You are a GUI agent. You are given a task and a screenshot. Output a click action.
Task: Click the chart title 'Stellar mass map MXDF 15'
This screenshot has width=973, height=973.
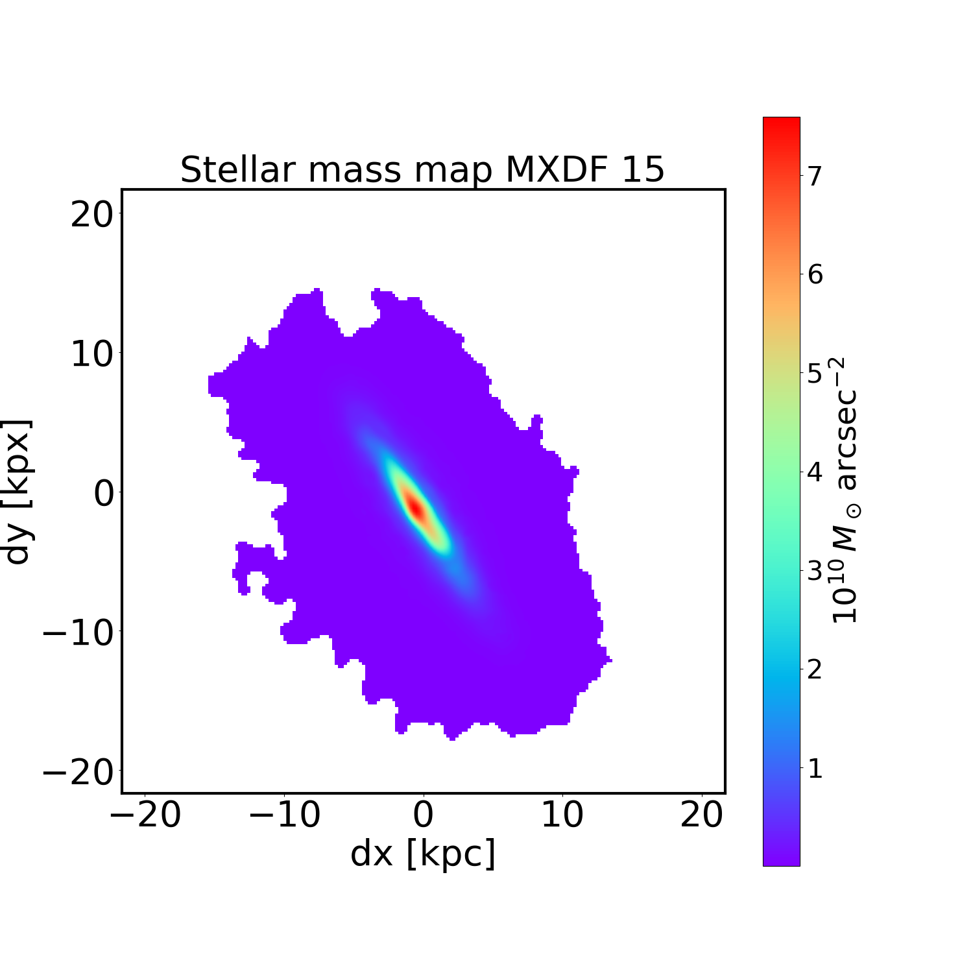[422, 170]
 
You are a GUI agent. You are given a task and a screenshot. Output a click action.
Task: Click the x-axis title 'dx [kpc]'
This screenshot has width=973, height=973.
[423, 853]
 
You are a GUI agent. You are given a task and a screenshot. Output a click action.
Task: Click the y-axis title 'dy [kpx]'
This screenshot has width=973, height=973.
[18, 492]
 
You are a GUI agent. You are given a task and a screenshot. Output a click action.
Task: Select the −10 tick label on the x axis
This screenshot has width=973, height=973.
[285, 815]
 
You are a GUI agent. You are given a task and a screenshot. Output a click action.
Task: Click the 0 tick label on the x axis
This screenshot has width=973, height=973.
[423, 815]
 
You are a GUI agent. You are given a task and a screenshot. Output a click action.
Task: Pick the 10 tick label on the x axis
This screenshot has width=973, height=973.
[562, 815]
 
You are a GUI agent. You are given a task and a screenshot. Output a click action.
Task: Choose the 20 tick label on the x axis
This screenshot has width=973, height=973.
[701, 815]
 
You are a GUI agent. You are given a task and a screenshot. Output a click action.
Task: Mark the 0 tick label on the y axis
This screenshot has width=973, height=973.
[103, 494]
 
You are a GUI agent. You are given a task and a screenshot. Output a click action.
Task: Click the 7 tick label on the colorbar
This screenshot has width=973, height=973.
[815, 176]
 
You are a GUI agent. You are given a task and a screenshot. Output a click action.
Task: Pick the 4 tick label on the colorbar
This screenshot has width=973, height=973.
[815, 472]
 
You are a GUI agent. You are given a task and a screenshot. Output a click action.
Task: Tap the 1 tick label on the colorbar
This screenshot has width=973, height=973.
[815, 769]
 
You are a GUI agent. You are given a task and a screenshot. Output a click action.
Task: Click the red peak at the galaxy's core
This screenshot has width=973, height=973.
[414, 507]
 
